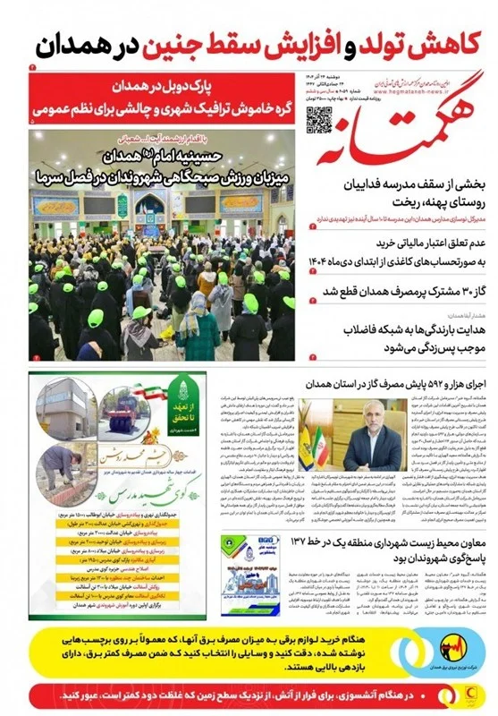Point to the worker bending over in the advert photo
[x=57, y=462]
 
